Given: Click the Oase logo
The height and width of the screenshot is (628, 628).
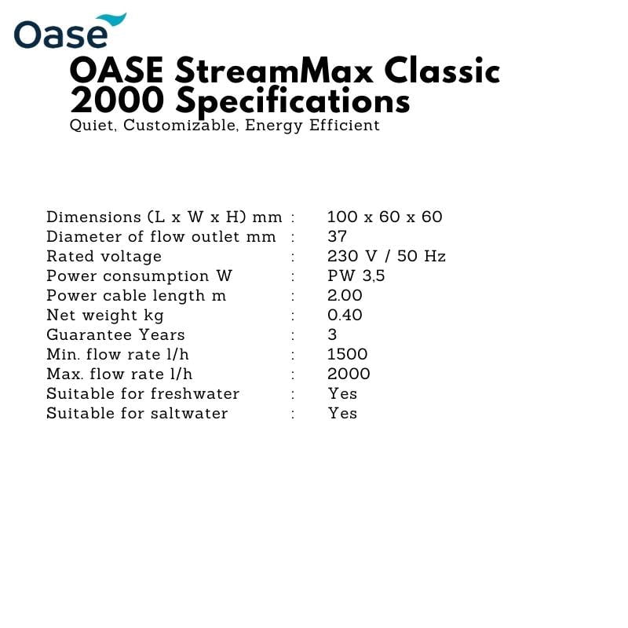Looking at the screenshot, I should [69, 31].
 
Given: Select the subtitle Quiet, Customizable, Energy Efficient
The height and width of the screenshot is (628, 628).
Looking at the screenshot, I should [225, 126].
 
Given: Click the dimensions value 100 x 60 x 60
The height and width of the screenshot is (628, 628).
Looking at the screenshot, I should [385, 217].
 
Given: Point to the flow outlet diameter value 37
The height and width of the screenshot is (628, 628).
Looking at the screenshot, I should [337, 237].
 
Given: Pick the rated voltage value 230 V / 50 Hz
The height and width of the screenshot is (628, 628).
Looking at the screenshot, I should [386, 257].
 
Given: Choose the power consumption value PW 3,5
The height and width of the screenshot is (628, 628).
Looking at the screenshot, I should [356, 276].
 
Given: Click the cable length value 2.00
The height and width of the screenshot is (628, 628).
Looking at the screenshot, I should [345, 296].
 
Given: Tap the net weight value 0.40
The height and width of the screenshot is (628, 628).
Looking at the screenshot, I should [345, 316].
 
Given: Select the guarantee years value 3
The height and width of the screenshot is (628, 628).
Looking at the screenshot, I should [332, 335].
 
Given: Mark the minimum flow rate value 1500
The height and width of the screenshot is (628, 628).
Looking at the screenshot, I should [348, 355].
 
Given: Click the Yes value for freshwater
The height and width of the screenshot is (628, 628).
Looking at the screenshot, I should [342, 394].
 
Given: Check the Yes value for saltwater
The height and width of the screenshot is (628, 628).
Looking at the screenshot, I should [342, 414].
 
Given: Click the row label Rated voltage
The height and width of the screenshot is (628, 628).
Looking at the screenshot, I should [104, 257].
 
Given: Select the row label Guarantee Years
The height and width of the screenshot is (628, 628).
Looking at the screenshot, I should [115, 335].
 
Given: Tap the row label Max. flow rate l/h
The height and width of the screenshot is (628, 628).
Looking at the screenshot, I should [119, 374].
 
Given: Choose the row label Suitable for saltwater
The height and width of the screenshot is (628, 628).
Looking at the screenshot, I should [137, 414].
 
